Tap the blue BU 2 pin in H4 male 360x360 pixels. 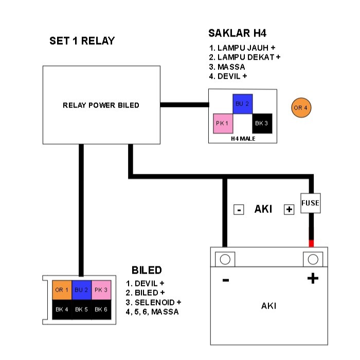click(x=242, y=104)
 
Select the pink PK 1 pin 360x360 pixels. click(x=223, y=123)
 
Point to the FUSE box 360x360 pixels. click(x=310, y=203)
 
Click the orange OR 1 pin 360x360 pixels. click(x=62, y=290)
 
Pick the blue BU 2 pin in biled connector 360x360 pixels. click(x=82, y=290)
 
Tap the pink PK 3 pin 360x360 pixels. click(x=101, y=290)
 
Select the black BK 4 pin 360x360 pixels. click(x=62, y=310)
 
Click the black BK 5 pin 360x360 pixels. click(x=82, y=310)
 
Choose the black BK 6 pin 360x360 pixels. click(x=101, y=310)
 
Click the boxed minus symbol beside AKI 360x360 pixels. click(x=238, y=210)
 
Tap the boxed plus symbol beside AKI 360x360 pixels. click(x=289, y=210)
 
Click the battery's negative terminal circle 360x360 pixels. click(x=225, y=259)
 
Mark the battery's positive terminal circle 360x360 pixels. click(x=312, y=259)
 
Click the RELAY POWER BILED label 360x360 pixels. click(x=101, y=105)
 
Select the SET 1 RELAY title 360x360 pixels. click(x=82, y=41)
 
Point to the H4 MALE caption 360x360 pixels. click(x=242, y=138)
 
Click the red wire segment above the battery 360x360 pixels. click(x=311, y=243)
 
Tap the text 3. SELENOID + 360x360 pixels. click(x=154, y=302)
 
